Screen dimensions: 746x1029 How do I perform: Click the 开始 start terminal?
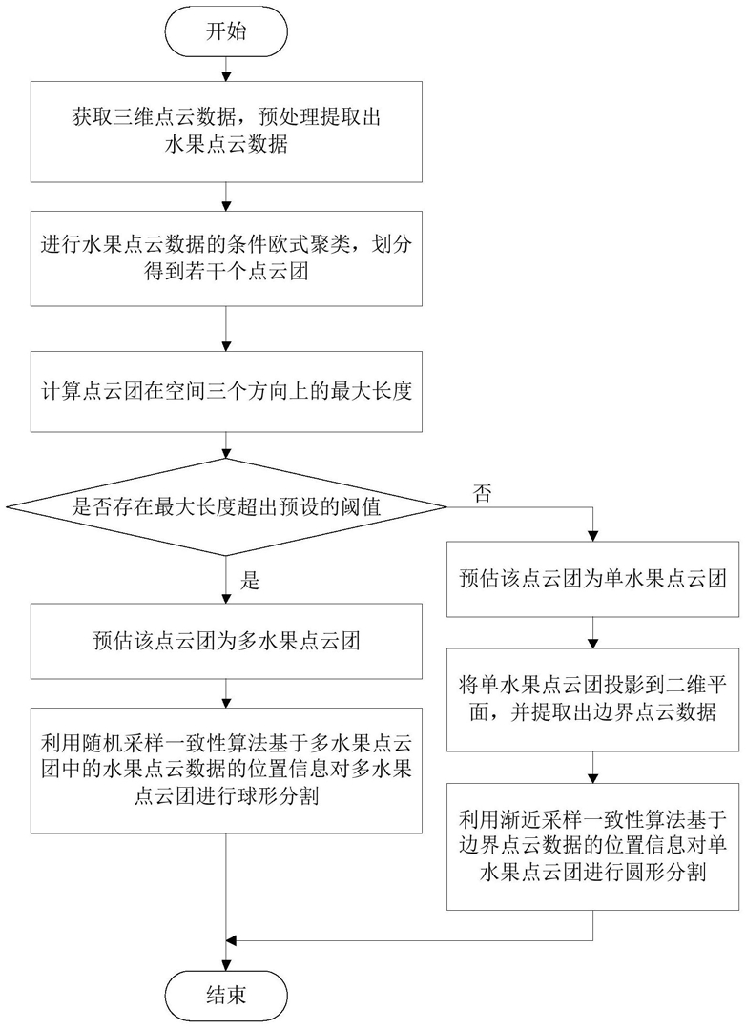coord(226,31)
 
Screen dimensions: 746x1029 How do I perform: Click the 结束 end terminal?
coord(226,995)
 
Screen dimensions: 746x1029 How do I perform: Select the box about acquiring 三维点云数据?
coord(226,132)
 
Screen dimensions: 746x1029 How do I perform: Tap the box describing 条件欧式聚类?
coord(226,257)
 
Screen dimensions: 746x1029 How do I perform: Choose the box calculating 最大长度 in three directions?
coord(226,391)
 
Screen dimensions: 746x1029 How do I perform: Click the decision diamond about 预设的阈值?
coord(226,506)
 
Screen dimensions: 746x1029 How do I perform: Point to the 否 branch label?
coord(483,493)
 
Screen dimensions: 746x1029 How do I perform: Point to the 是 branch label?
coord(250,580)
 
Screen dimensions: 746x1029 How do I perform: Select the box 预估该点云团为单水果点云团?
coord(593,579)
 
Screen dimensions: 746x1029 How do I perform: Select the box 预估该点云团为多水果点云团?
coord(226,641)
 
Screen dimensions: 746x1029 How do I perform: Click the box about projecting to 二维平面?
coord(593,700)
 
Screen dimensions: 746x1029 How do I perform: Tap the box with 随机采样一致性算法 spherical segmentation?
coord(226,770)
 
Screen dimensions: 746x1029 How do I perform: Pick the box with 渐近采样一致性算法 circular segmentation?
coord(593,846)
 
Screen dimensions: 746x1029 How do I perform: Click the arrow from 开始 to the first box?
coord(226,68)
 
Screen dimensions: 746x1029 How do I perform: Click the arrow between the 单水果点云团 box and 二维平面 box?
coord(593,632)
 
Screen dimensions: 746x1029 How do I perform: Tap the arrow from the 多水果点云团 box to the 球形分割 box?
coord(226,693)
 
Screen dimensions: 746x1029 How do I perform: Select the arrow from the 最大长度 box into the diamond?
coord(226,445)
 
